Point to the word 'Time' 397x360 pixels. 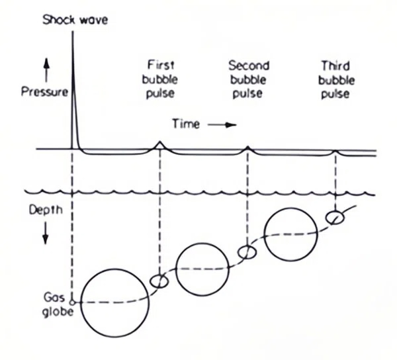point(185,124)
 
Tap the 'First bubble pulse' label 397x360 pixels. point(160,79)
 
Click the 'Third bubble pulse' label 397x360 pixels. point(335,79)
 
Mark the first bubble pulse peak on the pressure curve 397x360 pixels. point(159,142)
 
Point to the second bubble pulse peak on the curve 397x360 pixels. point(247,146)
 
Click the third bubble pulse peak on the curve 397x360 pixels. point(335,151)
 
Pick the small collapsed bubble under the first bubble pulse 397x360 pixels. point(159,281)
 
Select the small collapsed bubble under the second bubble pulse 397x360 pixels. point(247,253)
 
